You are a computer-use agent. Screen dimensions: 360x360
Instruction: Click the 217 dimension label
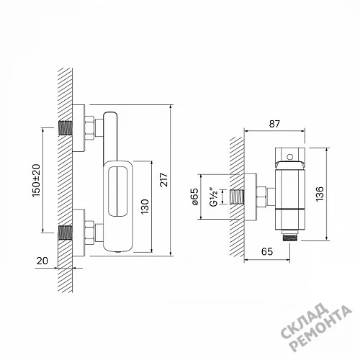coord(164,179)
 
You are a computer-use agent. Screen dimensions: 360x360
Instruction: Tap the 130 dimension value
coord(145,207)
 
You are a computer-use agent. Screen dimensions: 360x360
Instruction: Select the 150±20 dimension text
coord(36,181)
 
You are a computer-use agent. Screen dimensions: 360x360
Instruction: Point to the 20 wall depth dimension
coord(42,261)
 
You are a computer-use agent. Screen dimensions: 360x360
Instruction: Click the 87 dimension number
coord(274,124)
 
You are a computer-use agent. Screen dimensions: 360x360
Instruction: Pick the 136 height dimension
coord(320,194)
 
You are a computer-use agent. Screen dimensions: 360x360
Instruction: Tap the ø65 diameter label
coord(194,197)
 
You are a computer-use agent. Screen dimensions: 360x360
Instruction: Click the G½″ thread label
coord(214,197)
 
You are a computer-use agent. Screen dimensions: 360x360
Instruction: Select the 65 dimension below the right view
coord(267,251)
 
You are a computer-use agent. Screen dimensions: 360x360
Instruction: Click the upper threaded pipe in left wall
coord(66,128)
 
